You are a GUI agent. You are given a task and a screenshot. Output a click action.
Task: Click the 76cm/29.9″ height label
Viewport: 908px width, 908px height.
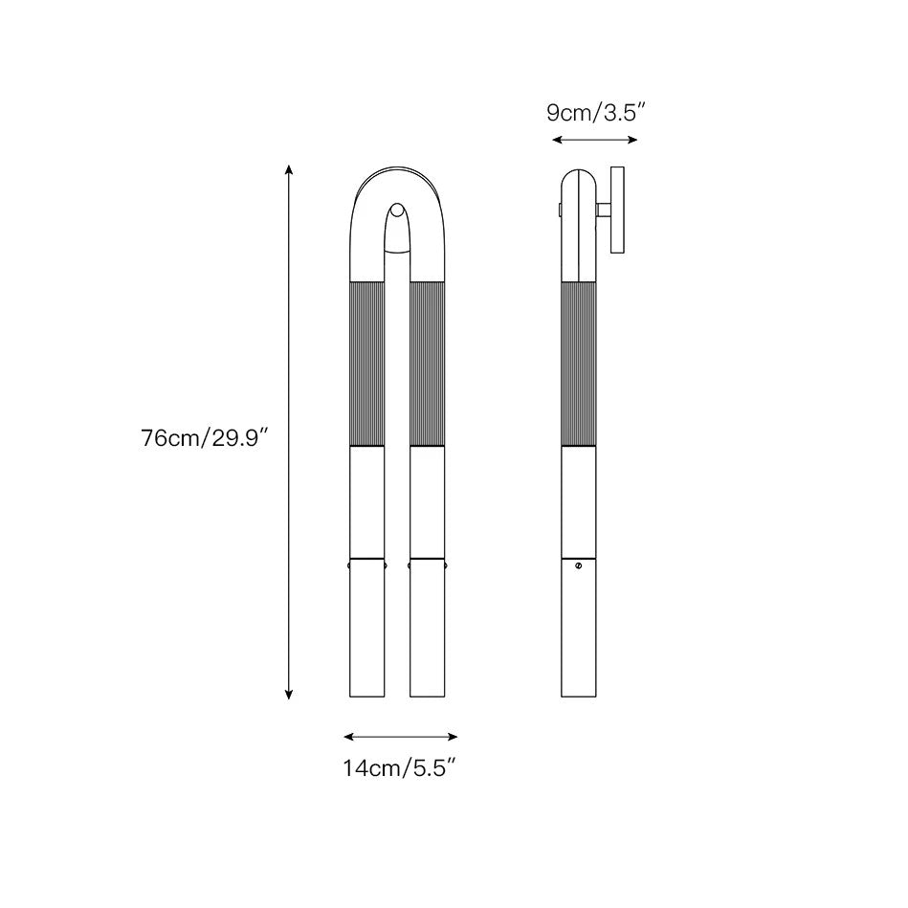(205, 438)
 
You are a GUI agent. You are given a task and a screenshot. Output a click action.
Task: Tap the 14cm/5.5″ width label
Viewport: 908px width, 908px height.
(401, 768)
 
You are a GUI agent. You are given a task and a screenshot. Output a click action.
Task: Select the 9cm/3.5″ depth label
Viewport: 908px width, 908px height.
(595, 113)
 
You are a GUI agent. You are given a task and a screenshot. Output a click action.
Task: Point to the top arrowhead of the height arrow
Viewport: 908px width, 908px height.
(289, 169)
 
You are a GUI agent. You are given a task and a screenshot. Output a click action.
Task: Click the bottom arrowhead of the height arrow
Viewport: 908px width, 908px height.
(289, 695)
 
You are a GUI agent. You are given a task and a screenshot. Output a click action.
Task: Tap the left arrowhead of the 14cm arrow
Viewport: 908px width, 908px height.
(348, 737)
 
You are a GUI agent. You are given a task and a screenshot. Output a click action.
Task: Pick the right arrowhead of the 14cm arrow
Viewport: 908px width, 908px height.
(453, 737)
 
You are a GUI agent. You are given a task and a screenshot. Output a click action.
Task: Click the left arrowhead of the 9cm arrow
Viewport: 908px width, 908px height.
(557, 140)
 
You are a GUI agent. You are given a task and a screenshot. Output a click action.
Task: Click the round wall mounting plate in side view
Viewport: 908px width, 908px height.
(617, 210)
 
